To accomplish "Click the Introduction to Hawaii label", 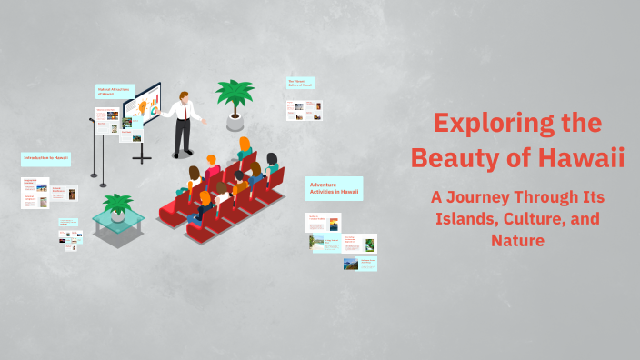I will pos(45,158).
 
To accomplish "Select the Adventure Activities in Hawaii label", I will pos(334,188).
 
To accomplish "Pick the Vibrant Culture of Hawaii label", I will pos(301,83).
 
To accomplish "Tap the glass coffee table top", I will pos(117,218).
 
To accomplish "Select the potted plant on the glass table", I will pos(117,204).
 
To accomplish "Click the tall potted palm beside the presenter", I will pos(235,98).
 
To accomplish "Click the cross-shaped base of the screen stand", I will pos(142,157).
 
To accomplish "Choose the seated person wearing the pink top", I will pos(212,167).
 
